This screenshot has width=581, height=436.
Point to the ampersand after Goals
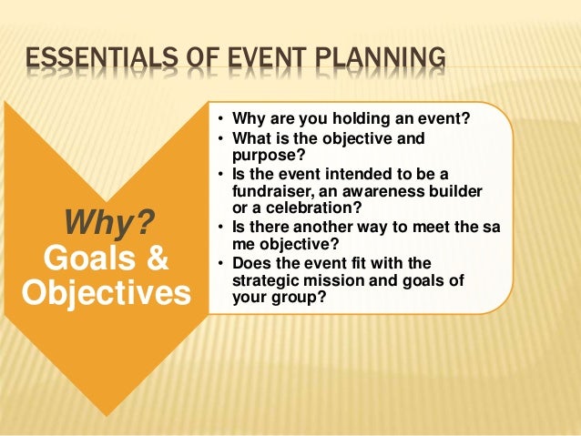[x=154, y=256]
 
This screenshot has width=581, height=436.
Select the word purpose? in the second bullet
[x=264, y=155]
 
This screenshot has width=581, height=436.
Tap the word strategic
[x=267, y=279]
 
